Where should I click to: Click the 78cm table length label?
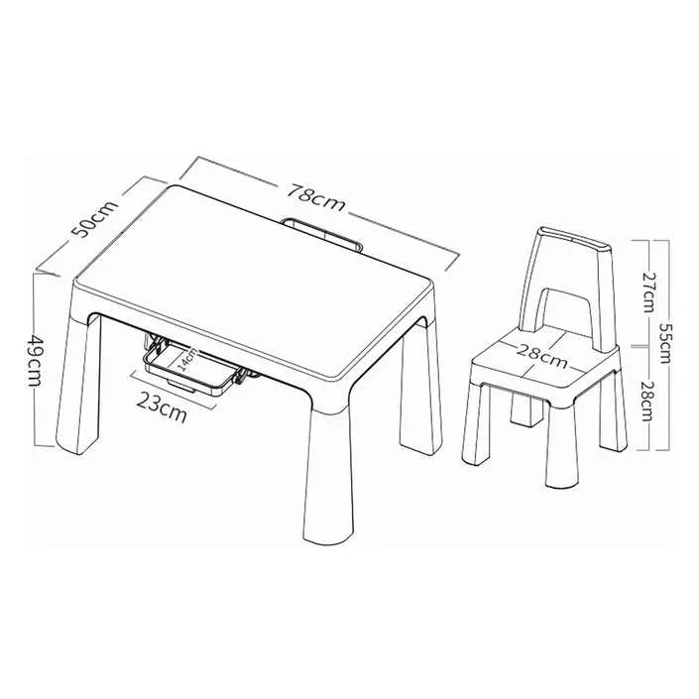315,197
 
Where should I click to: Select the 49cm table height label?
35,360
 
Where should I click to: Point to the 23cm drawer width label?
161,408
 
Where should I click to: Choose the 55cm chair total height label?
663,343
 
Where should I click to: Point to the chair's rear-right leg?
613,411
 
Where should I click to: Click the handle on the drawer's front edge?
181,386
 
